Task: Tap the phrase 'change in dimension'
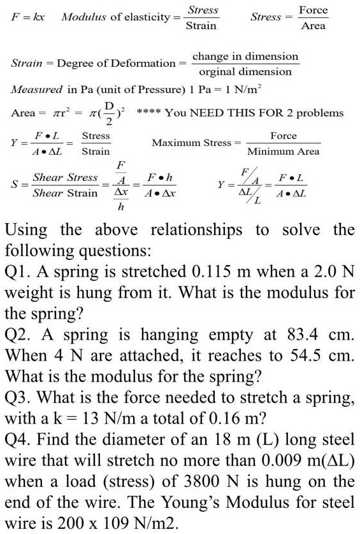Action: click(245, 56)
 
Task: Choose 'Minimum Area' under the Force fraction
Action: click(283, 152)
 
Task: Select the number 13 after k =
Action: click(80, 418)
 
